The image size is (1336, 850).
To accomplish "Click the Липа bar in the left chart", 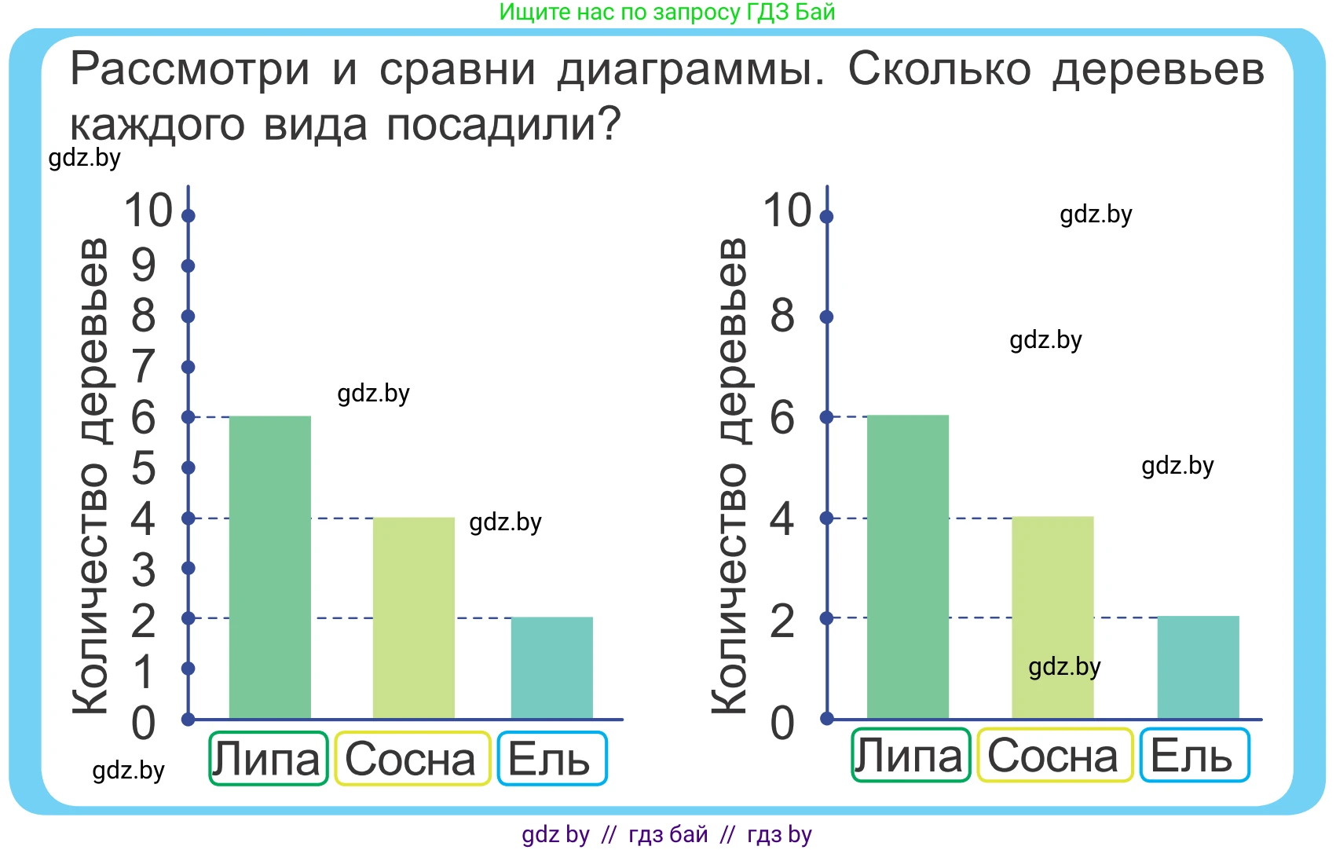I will click(x=269, y=567).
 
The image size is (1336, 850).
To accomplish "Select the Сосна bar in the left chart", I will click(x=413, y=617).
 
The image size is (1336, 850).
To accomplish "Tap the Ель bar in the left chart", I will click(x=551, y=668).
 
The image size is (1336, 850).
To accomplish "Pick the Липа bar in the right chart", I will click(x=907, y=566).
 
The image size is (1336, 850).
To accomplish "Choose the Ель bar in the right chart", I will click(x=1198, y=667).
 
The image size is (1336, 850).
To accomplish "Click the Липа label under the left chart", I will click(x=268, y=759).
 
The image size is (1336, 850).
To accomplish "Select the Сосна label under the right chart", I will click(x=1054, y=756).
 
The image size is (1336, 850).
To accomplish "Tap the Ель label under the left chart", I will click(x=551, y=759).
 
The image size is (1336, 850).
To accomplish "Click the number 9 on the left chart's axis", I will click(x=144, y=265).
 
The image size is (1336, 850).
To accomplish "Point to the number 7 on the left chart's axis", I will click(x=143, y=366).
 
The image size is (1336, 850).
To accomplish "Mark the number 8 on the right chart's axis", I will click(x=782, y=316).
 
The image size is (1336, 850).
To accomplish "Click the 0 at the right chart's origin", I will click(x=782, y=723).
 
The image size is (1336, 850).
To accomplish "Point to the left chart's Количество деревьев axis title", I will click(x=90, y=475).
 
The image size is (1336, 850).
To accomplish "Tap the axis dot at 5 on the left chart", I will click(x=189, y=467).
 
